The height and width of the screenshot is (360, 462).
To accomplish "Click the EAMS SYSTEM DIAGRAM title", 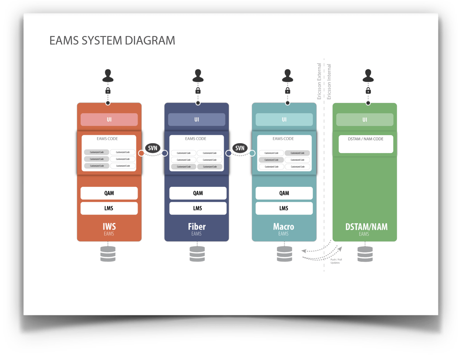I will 112,41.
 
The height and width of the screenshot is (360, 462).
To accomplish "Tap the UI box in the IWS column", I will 109,119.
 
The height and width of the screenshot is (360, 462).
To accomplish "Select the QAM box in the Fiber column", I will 198,193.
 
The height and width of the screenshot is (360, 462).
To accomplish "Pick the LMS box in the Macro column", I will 284,208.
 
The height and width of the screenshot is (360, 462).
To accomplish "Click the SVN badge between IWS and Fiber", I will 153,148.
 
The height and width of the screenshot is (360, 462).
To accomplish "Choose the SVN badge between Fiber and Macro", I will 240,148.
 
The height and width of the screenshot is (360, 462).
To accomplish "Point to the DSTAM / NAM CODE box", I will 366,144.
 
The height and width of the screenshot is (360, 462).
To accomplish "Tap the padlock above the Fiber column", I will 198,91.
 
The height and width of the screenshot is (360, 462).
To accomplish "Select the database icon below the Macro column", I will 285,254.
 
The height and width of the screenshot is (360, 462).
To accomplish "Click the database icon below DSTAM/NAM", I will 365,254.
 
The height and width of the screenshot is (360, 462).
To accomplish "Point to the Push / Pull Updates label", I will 336,261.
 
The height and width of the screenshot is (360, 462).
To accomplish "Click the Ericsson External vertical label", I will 319,81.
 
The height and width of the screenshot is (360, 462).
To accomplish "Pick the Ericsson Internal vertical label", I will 329,82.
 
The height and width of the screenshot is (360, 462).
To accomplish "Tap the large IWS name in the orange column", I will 109,227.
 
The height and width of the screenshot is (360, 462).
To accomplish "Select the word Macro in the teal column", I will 283,227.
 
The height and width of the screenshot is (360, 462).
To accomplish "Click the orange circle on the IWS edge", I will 141,153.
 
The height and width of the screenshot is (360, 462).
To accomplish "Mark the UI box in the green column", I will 365,120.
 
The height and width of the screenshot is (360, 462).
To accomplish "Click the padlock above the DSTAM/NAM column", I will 368,91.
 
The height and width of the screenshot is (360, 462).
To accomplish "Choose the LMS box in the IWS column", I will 109,208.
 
